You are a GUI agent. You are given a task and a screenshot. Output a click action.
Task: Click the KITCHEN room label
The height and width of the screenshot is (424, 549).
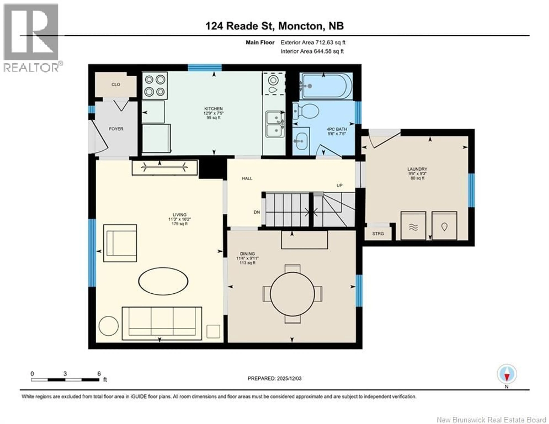(213, 109)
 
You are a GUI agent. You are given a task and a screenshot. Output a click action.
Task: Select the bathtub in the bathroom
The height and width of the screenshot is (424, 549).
(326, 86)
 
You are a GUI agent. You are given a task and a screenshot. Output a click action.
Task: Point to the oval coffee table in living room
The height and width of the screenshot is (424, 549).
(163, 281)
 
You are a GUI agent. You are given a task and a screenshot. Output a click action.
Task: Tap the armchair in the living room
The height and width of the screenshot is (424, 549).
(120, 243)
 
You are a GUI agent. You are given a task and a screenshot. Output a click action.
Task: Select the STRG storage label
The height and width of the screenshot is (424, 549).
(378, 234)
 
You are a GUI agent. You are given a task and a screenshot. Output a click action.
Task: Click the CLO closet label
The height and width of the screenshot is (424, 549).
(116, 85)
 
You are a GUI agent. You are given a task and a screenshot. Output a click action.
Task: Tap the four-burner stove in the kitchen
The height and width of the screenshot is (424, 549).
(155, 86)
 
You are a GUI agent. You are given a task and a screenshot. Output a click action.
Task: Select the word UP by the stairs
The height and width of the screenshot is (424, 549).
(339, 185)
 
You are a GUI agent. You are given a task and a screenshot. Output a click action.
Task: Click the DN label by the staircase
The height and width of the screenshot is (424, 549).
(257, 212)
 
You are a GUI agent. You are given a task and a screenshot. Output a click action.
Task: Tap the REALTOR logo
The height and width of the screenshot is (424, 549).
(31, 38)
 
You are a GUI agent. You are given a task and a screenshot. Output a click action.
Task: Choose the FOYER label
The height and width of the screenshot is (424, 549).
(116, 129)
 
